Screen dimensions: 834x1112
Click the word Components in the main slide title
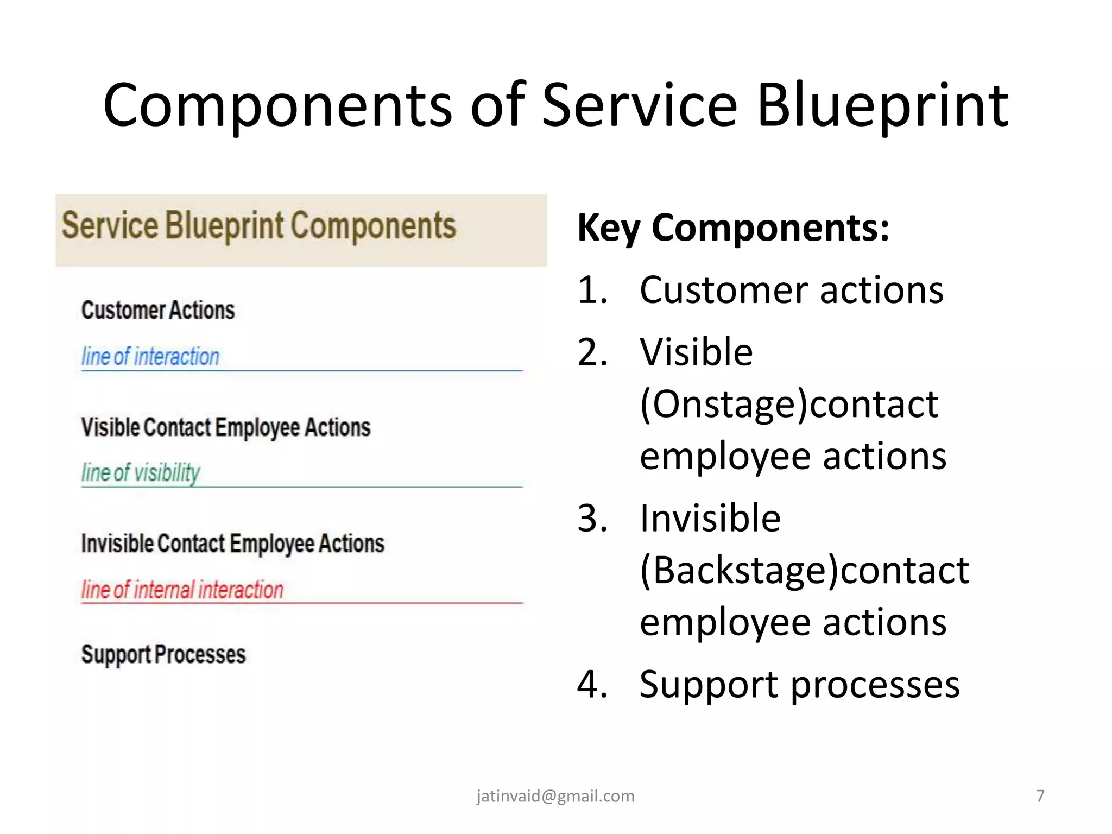[x=277, y=106]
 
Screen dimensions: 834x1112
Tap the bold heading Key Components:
[x=733, y=228]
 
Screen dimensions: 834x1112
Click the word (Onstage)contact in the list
[x=789, y=405]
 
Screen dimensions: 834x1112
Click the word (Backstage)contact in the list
[x=804, y=570]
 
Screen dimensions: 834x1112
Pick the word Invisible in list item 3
[x=710, y=518]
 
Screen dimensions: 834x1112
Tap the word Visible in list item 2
[x=696, y=352]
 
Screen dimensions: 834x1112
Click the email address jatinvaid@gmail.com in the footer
[x=555, y=796]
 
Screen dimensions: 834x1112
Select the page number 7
[x=1040, y=796]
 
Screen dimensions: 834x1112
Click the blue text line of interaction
[x=150, y=357]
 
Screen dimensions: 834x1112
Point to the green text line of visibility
[x=140, y=472]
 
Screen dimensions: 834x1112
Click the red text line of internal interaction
[x=182, y=590]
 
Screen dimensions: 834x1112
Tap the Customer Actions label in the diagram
[x=157, y=310]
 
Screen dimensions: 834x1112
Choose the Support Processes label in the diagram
[x=163, y=654]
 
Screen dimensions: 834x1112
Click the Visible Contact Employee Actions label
[x=225, y=427]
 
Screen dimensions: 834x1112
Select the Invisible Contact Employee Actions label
[x=232, y=544]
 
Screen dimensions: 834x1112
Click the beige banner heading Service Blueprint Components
[x=258, y=226]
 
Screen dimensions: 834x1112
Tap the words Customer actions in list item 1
[x=791, y=290]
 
